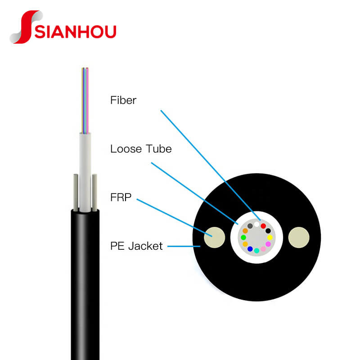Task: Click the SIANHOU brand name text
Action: (x=75, y=31)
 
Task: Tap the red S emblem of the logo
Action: (x=26, y=27)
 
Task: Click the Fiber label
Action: (x=123, y=100)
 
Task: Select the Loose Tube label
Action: (x=141, y=149)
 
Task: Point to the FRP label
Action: (x=121, y=197)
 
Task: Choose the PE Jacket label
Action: (x=136, y=246)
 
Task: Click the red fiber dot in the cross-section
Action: (x=263, y=226)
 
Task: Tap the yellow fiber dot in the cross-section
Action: (x=270, y=238)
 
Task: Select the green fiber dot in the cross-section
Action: (x=243, y=238)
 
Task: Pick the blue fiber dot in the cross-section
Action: (x=250, y=249)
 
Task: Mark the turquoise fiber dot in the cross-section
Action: (x=256, y=251)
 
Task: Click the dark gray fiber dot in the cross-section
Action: (x=250, y=226)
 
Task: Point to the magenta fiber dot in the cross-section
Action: (x=268, y=244)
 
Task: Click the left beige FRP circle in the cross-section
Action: (x=215, y=238)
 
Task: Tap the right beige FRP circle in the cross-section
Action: (x=299, y=238)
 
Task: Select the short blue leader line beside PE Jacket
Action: (x=184, y=246)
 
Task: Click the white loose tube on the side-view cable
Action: (x=85, y=172)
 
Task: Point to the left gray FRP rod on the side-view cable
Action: (x=76, y=193)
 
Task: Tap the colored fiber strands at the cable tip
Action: (x=85, y=100)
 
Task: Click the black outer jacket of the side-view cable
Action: (x=85, y=285)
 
